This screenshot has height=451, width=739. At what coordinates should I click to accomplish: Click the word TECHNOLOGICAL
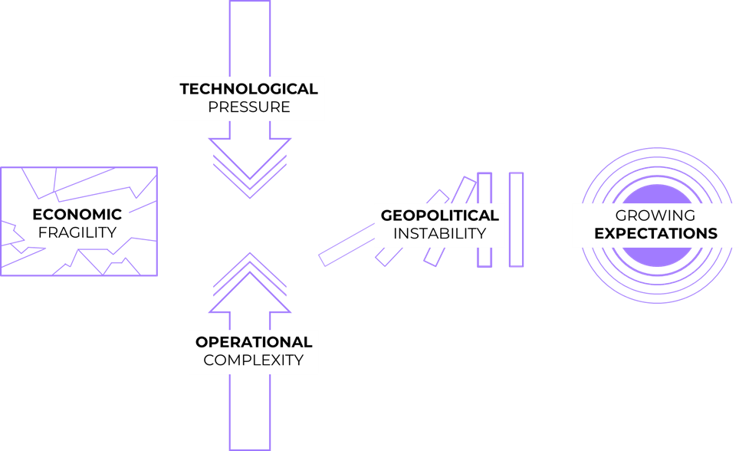(248, 89)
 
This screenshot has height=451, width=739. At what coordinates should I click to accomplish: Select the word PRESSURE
(248, 107)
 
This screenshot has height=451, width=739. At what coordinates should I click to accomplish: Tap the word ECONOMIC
(77, 214)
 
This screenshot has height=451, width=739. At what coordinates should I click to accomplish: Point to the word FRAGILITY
(77, 232)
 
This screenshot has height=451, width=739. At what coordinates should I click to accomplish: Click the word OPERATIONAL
(254, 342)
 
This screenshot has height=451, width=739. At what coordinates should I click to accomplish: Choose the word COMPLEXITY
(254, 360)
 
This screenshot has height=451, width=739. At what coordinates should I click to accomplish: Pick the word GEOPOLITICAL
(439, 216)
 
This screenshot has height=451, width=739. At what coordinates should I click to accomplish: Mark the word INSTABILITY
(439, 234)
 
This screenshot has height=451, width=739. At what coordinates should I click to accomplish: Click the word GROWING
(655, 216)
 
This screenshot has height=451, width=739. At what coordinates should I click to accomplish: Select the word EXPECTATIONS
(655, 234)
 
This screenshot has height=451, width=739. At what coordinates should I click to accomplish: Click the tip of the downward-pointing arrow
(249, 178)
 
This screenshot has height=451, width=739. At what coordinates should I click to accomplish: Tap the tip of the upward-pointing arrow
(249, 274)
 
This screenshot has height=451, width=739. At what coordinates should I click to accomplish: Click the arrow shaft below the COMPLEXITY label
(249, 414)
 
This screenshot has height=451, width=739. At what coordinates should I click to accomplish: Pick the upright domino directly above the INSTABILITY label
(484, 188)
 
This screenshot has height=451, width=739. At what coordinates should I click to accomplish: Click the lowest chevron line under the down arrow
(249, 197)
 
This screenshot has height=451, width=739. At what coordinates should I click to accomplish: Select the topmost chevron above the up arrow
(249, 254)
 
